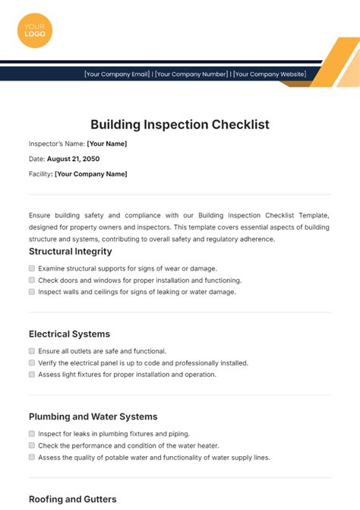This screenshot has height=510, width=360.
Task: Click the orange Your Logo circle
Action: coord(35,30)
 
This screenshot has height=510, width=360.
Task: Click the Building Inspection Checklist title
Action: coord(180,124)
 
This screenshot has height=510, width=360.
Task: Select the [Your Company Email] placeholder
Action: coord(118,74)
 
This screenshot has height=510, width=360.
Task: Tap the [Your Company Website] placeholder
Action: coord(270,74)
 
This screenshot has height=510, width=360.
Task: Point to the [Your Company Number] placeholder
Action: coord(192,74)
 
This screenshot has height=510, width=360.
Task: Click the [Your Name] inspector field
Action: coord(107,144)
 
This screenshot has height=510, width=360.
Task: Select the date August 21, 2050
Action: coord(73,159)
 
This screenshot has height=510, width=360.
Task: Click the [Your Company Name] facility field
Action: coord(90,174)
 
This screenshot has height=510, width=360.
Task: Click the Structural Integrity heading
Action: coord(70,252)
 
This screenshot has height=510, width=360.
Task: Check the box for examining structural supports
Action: coord(32,268)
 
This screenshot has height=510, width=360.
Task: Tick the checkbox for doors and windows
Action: coord(32,280)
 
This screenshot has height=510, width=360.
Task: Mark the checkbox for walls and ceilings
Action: coord(32,291)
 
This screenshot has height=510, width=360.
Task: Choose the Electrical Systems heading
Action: coord(69,334)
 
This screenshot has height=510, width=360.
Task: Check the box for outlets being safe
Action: coord(32,351)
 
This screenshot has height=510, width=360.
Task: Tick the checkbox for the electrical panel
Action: coord(32,363)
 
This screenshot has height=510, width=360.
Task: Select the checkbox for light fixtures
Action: coord(32,374)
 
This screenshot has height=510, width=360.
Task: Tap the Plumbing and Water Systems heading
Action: coord(93,417)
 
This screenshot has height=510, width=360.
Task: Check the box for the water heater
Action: coord(32,445)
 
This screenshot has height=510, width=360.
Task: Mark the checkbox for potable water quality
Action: coord(32,457)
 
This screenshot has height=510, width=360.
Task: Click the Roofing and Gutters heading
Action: coord(72,499)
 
